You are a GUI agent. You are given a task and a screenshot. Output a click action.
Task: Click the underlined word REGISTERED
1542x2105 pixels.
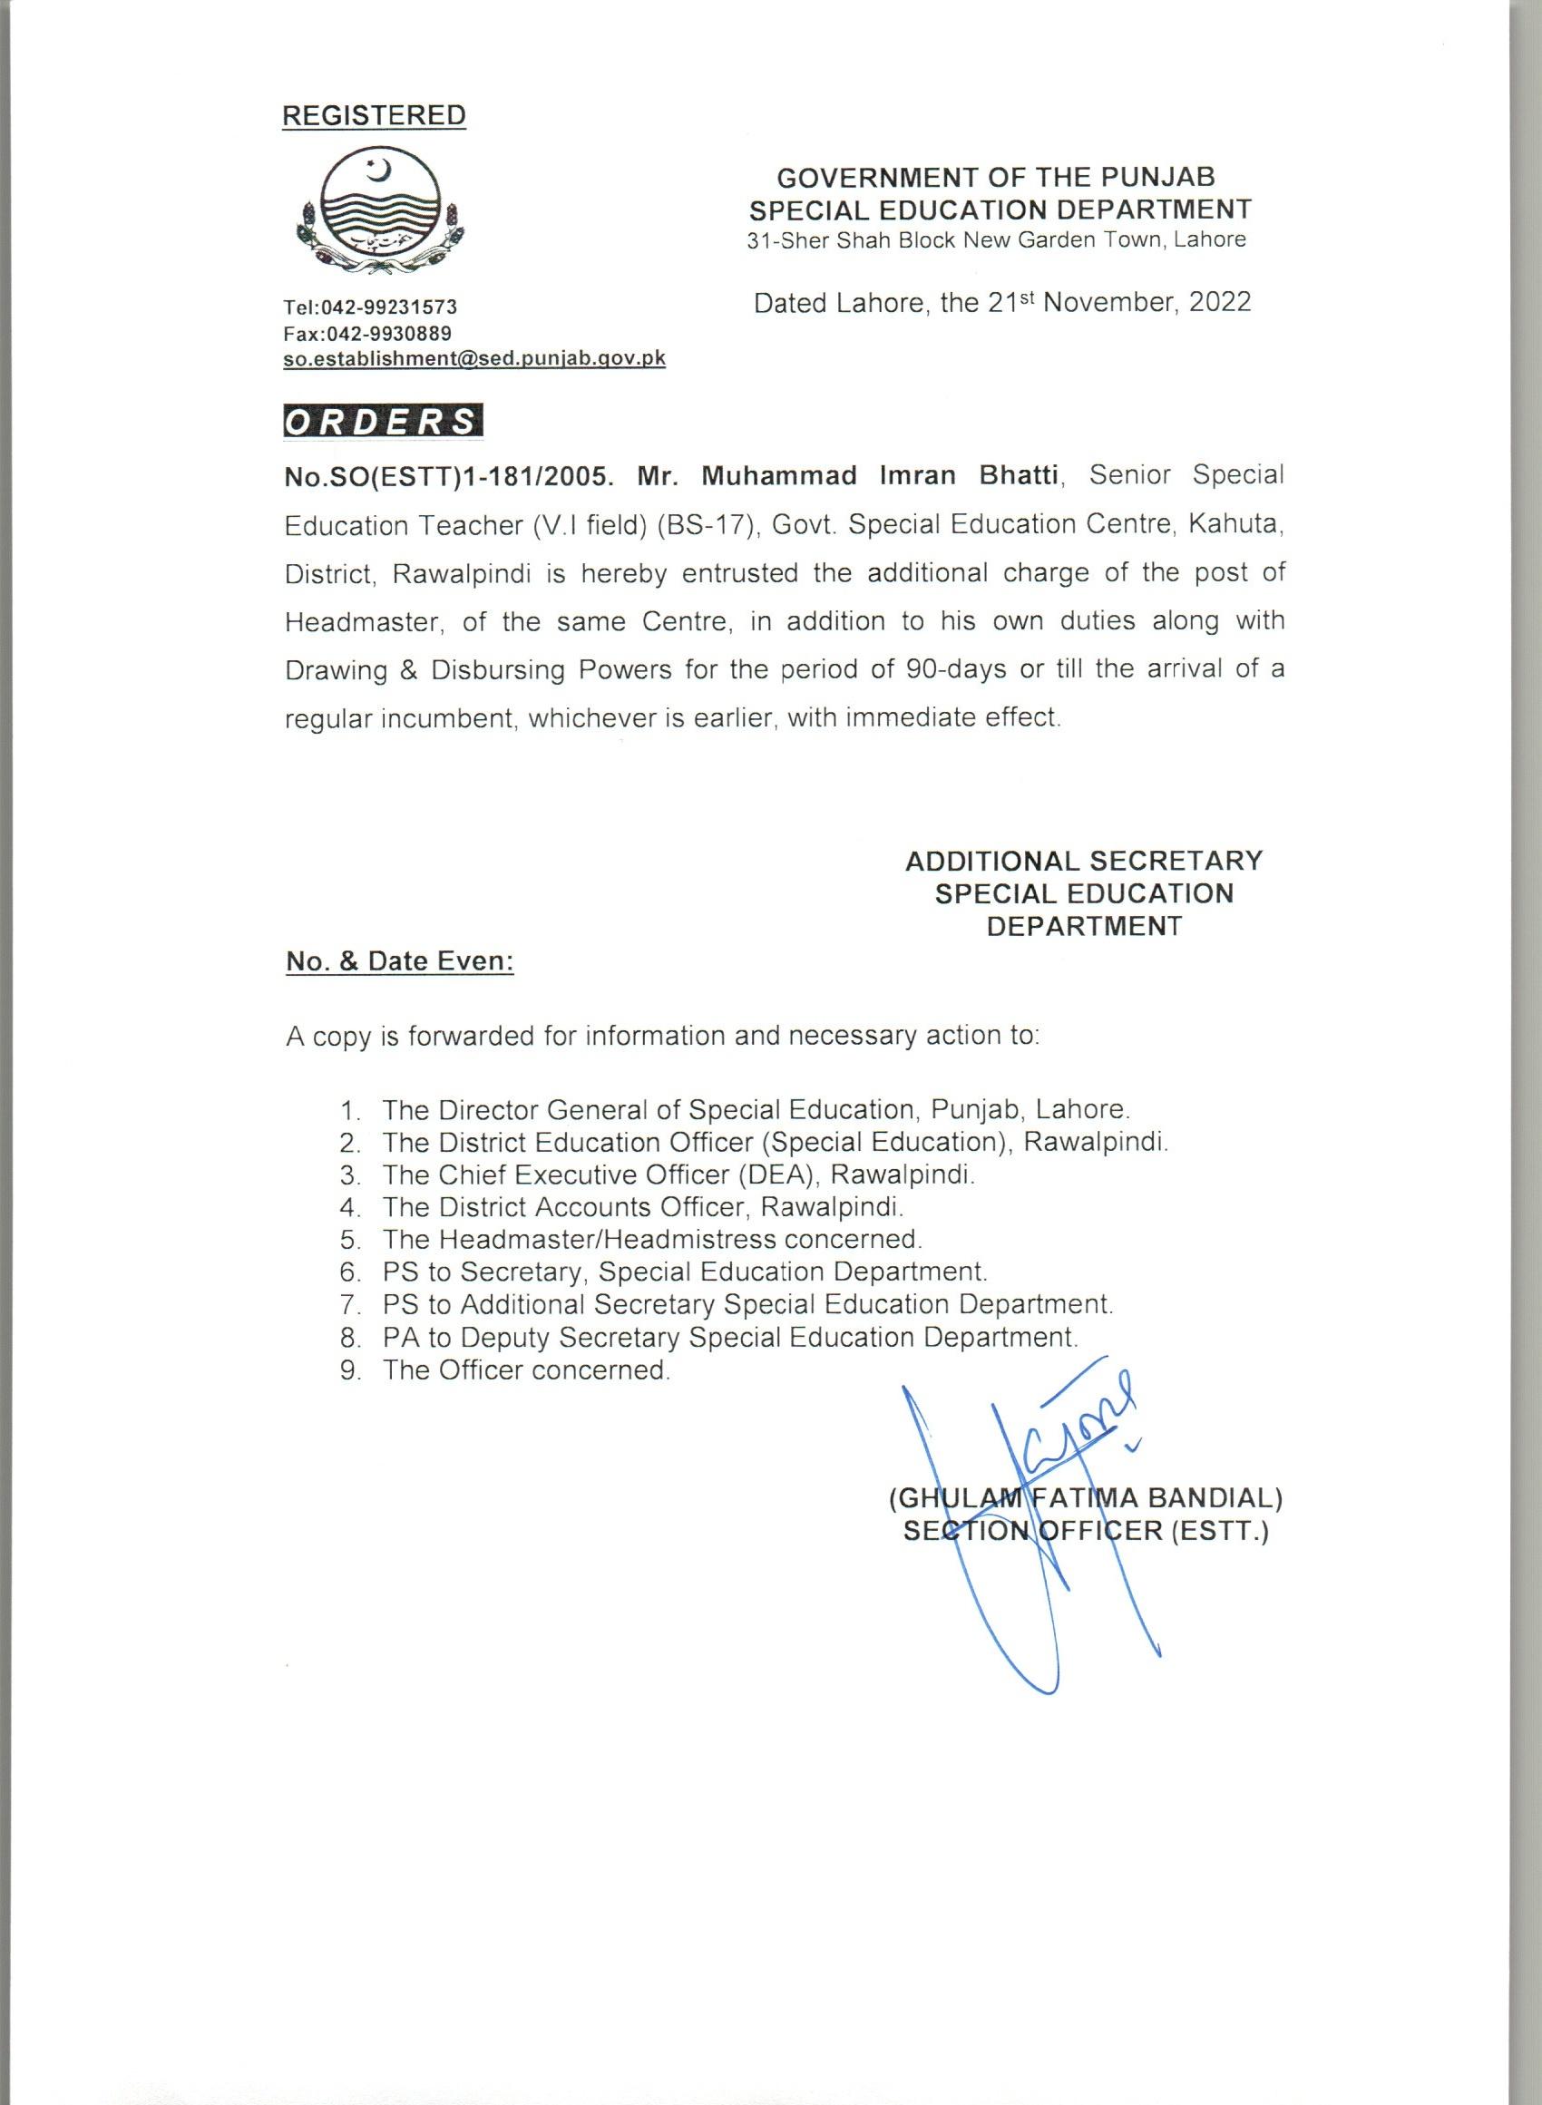374,116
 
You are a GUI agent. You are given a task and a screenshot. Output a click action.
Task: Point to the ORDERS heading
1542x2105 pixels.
382,422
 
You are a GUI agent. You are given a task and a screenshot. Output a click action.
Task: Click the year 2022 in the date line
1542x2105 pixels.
1219,303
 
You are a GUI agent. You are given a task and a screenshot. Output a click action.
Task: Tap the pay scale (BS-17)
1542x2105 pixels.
705,524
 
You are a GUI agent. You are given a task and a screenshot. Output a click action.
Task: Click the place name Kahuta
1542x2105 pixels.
1234,524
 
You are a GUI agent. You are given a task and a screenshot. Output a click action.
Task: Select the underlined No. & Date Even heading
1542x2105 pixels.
399,961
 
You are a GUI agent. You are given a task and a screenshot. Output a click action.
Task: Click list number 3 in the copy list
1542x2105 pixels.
350,1175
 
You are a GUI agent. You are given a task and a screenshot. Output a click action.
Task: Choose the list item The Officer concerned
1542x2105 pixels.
525,1369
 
